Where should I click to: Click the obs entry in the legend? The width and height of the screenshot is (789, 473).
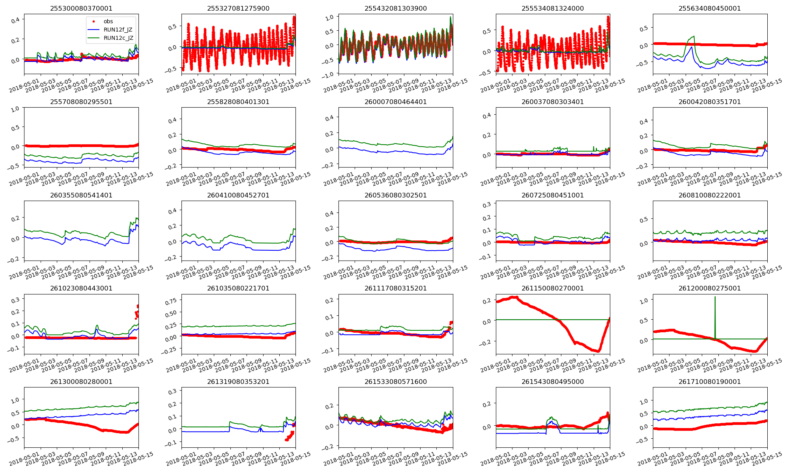click(x=108, y=21)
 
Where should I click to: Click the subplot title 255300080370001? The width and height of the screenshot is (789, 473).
click(x=81, y=8)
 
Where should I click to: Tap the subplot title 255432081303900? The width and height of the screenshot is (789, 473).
click(x=396, y=8)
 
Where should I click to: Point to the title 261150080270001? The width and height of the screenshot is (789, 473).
click(x=553, y=288)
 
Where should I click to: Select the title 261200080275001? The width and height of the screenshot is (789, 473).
click(x=710, y=288)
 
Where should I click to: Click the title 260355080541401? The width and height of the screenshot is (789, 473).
click(x=81, y=195)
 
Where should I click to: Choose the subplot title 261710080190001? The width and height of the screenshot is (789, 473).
click(x=710, y=382)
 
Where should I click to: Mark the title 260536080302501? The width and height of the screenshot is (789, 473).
click(x=396, y=195)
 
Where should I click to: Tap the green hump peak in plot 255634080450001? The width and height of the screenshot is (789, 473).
click(x=694, y=37)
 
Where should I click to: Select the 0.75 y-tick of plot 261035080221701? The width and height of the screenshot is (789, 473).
click(x=171, y=301)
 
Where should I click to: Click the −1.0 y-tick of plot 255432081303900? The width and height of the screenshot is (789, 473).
click(x=329, y=75)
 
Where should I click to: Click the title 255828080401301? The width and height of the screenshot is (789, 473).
click(x=238, y=102)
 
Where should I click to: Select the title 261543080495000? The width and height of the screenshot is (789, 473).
click(x=553, y=382)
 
